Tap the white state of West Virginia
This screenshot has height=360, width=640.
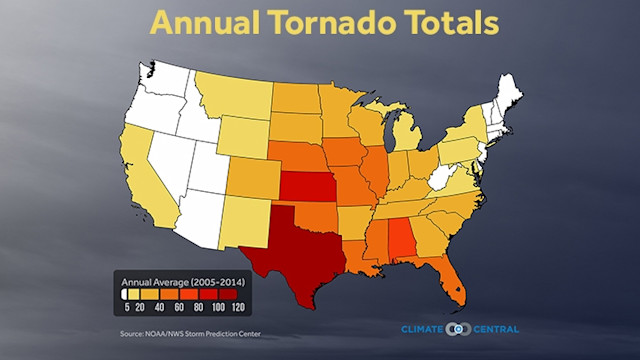pos(442,180)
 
